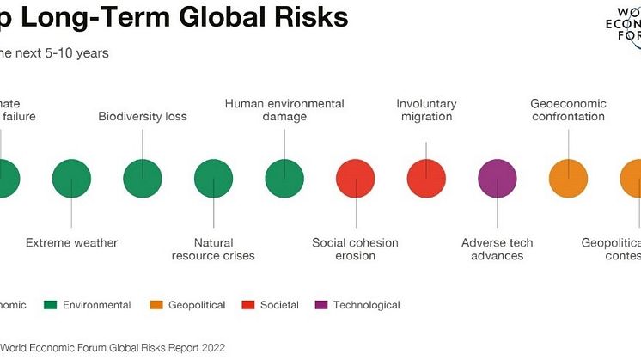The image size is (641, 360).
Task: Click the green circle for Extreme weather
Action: [72, 179]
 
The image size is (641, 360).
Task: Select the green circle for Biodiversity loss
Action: [143, 179]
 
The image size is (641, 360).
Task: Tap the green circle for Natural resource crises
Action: [213, 179]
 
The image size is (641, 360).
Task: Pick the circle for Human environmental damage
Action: [284, 179]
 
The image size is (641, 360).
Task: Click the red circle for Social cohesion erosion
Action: [355, 179]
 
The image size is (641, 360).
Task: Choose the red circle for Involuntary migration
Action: [426, 179]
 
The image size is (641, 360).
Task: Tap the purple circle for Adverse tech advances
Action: [497, 179]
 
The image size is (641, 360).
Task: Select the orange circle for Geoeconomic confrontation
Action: [568, 179]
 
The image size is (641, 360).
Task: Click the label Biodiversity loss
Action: [143, 116]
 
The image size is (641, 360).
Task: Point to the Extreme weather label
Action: [72, 243]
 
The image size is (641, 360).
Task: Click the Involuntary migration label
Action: [426, 110]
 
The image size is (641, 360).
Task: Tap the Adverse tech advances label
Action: [497, 249]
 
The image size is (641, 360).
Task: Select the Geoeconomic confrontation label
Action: [568, 110]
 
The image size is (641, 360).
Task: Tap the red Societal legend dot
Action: [247, 305]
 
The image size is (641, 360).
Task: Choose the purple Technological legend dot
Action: [320, 305]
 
